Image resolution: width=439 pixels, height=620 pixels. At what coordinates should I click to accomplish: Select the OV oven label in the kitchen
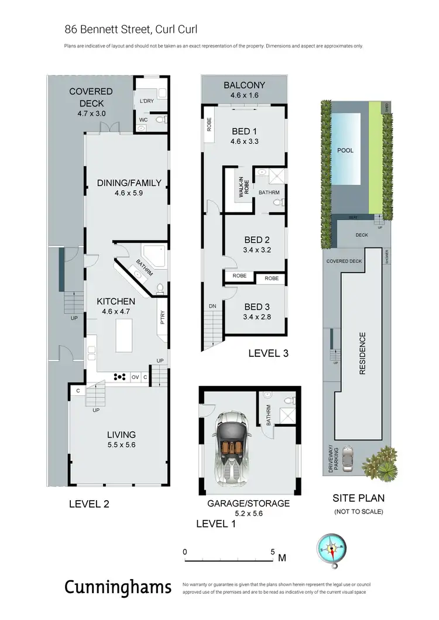coord(135,377)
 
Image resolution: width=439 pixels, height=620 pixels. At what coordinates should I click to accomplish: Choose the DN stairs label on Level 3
coord(212,305)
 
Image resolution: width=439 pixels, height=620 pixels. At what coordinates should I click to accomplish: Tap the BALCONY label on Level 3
coord(245,85)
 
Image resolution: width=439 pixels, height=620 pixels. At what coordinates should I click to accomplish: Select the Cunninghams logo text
coord(118,587)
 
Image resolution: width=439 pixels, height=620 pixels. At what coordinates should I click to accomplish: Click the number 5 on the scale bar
coord(272,552)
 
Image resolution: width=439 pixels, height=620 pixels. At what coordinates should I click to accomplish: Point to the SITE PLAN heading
coord(358,499)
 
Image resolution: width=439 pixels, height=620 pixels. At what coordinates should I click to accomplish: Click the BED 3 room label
coord(256,306)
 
